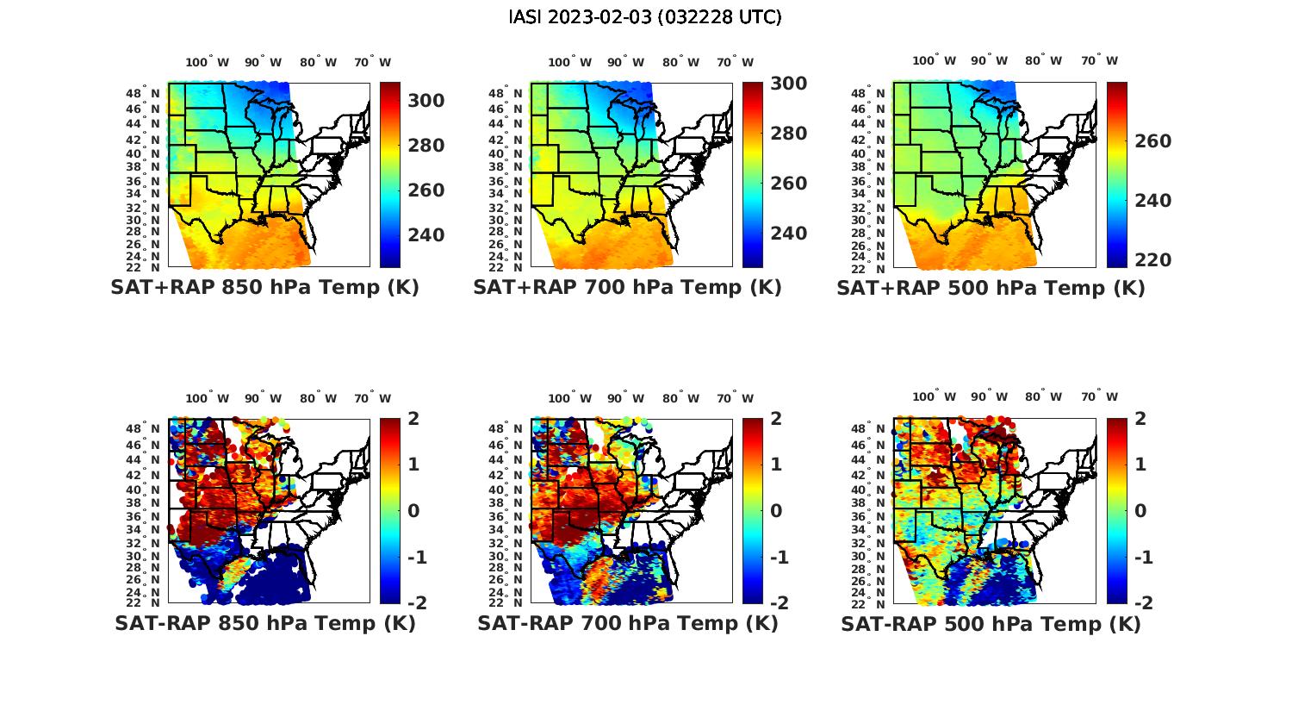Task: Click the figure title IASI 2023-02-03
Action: point(645,17)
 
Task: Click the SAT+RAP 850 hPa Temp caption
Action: point(264,288)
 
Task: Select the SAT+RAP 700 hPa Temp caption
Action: point(627,288)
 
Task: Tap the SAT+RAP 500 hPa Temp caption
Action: point(991,289)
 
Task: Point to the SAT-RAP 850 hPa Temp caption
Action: point(265,623)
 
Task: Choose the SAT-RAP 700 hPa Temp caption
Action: point(628,623)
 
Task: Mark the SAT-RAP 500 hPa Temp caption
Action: point(991,624)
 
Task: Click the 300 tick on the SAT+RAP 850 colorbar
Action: point(426,101)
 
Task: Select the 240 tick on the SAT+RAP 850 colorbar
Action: point(426,235)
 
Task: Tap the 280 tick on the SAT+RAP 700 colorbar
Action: point(789,134)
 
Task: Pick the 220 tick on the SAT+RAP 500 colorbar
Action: point(1152,260)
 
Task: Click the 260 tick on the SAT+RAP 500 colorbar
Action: point(1152,141)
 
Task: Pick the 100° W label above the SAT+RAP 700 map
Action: point(569,62)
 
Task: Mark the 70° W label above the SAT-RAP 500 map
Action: point(1099,397)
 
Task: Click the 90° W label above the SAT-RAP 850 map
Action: point(263,399)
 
